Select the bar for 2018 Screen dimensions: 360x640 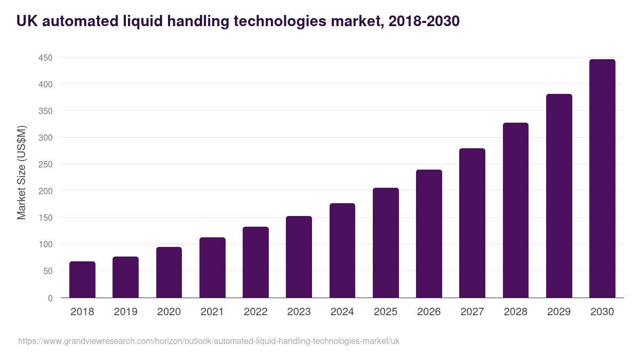[x=82, y=279]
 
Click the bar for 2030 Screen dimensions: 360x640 [x=602, y=179]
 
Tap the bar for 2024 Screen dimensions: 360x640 [x=342, y=251]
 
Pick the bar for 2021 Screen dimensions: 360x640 [x=212, y=268]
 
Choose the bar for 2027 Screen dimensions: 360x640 [x=472, y=223]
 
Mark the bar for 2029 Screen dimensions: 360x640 [x=559, y=196]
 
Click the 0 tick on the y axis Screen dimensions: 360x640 [x=50, y=298]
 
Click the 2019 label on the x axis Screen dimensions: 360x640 [x=125, y=312]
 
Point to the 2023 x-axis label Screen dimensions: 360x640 [x=299, y=312]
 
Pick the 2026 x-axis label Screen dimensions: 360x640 [x=429, y=312]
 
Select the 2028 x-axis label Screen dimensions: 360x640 [x=516, y=312]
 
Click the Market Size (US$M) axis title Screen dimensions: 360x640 [x=21, y=172]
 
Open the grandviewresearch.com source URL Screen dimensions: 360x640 [x=209, y=341]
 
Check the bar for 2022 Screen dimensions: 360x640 [x=255, y=262]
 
